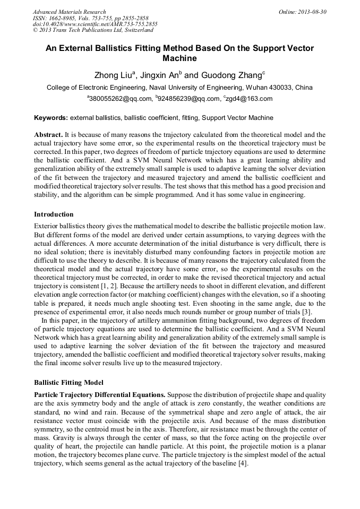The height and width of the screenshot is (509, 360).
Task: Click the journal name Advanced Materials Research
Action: [69, 12]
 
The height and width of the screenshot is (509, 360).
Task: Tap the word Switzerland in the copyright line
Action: [134, 31]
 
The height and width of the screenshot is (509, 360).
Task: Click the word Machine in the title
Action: [179, 58]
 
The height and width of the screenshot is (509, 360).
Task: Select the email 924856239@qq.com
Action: [188, 99]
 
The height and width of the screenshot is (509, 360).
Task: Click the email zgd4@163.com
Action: [249, 99]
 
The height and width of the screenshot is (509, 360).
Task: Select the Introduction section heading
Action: [54, 214]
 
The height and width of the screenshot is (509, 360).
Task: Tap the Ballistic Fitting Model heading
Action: [68, 382]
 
